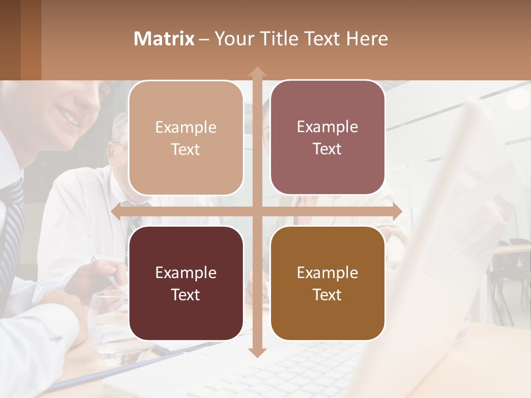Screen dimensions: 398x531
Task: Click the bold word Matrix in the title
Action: (x=164, y=39)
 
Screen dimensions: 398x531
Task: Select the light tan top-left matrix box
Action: (x=186, y=138)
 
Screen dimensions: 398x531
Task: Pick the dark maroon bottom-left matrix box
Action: (x=186, y=283)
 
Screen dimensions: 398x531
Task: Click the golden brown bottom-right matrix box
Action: (x=327, y=283)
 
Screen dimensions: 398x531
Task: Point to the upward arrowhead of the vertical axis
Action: (x=257, y=72)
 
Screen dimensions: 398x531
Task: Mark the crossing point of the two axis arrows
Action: (x=257, y=211)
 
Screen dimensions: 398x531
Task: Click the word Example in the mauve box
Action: (x=327, y=127)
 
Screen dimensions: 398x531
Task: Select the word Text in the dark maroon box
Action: (x=185, y=295)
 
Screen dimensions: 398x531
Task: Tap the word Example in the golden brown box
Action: (x=327, y=273)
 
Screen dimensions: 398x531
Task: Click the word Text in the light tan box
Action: (x=185, y=150)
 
